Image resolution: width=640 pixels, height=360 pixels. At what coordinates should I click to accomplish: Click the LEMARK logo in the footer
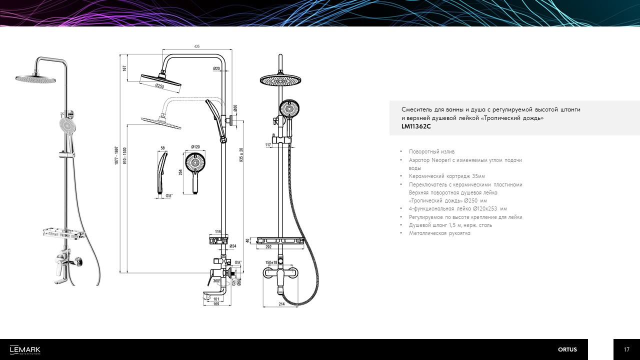(25, 350)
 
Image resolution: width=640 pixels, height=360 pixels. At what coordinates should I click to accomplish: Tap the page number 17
(626, 349)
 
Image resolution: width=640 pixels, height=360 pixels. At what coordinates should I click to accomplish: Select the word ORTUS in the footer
(567, 349)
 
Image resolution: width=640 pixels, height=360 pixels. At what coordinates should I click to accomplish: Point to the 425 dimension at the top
(197, 46)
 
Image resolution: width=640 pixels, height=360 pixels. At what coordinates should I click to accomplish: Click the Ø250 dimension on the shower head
(159, 85)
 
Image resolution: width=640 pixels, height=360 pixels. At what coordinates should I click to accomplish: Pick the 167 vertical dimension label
(124, 68)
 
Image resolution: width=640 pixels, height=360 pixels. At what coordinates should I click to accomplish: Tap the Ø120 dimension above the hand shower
(195, 147)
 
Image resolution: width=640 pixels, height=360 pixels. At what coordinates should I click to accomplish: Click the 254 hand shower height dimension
(180, 172)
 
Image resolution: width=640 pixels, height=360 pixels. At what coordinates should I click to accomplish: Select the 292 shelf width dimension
(268, 247)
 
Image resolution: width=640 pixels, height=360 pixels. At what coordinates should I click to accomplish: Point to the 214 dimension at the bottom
(281, 304)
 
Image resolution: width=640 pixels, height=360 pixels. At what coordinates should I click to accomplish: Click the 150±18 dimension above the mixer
(271, 262)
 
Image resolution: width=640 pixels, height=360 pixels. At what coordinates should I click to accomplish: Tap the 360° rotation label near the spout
(217, 281)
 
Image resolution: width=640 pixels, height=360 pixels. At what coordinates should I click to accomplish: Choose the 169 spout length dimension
(216, 304)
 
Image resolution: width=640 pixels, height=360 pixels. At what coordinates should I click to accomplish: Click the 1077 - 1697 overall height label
(116, 155)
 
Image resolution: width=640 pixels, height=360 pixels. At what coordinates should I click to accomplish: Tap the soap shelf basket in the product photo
(64, 233)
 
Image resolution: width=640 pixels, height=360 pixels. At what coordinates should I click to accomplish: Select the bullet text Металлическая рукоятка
(439, 233)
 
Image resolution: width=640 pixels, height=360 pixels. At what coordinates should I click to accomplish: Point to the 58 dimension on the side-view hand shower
(163, 148)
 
